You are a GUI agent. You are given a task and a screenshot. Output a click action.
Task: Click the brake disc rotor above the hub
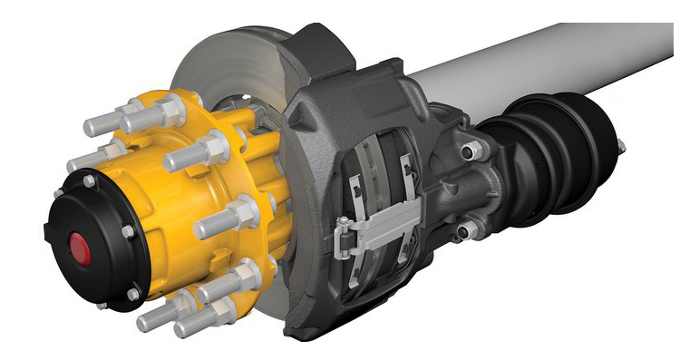point(227,63)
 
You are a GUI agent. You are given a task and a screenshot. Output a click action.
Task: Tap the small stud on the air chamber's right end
point(621,146)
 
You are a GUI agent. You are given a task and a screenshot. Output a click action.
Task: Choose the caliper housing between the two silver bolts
point(453,190)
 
